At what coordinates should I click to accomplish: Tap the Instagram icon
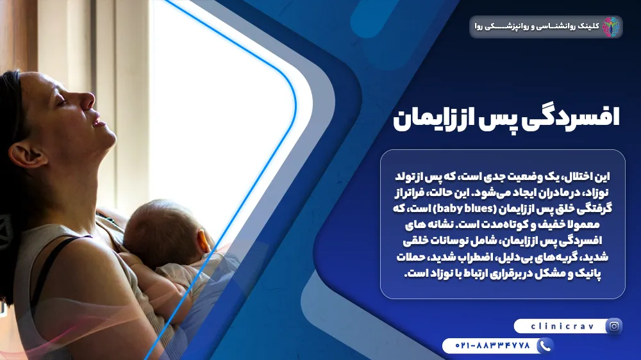[614, 327]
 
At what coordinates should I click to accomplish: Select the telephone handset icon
[544, 346]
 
